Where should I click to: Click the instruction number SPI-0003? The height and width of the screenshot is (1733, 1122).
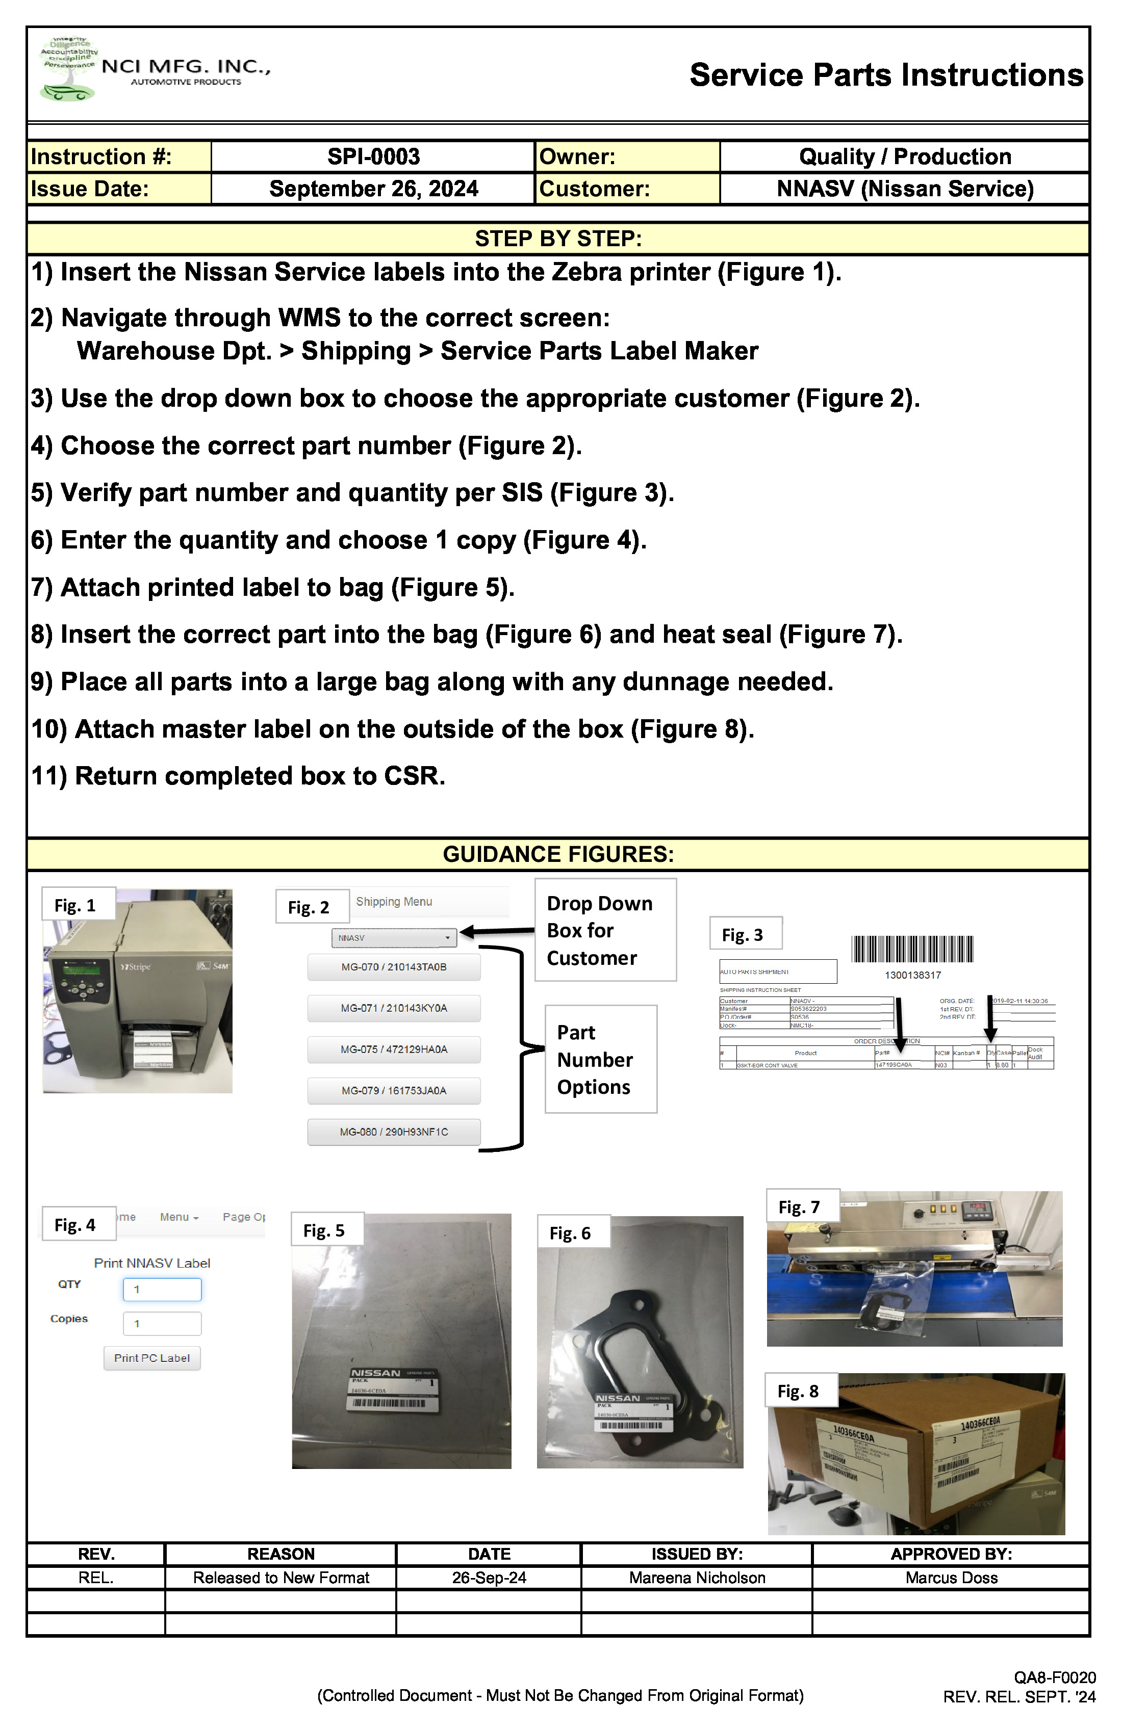(x=373, y=156)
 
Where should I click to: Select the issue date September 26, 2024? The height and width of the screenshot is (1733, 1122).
(x=373, y=189)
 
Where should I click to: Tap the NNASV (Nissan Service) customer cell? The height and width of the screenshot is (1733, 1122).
(x=904, y=189)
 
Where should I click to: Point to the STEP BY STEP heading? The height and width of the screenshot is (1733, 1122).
(x=558, y=239)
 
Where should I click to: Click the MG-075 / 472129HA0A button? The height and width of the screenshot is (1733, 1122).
(x=393, y=1049)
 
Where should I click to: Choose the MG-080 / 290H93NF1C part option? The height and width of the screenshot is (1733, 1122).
(x=393, y=1132)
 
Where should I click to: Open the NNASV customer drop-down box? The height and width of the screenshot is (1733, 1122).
(x=393, y=938)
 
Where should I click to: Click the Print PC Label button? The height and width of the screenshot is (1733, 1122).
(x=151, y=1358)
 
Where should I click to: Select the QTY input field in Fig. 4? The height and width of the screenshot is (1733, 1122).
(x=162, y=1289)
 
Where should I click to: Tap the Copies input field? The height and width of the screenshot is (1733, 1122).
(x=162, y=1323)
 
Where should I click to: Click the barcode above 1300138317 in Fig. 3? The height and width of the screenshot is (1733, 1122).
(x=912, y=950)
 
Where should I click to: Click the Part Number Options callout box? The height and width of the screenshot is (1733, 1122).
(x=600, y=1060)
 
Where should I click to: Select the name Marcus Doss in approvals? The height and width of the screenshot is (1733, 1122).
(x=951, y=1578)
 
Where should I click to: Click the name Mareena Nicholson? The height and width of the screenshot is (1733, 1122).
(x=697, y=1578)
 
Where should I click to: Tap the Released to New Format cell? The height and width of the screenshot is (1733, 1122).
(x=280, y=1578)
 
